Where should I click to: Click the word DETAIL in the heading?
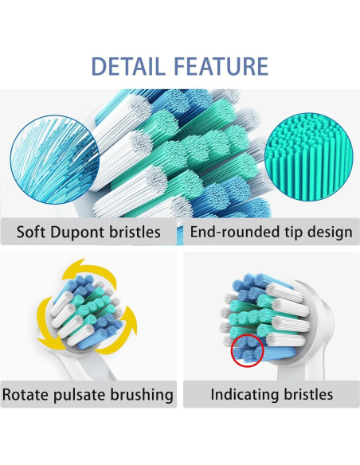pyautogui.click(x=131, y=65)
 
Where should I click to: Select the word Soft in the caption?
pyautogui.click(x=33, y=232)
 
